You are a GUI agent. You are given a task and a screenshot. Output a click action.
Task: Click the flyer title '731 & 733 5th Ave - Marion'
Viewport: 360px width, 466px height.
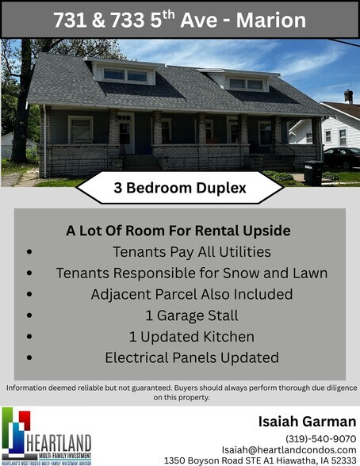pyautogui.click(x=179, y=20)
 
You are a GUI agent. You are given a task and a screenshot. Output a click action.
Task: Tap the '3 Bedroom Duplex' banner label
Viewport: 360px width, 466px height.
pyautogui.click(x=180, y=189)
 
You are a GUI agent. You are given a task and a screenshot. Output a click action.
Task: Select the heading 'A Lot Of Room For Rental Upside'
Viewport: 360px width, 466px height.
pyautogui.click(x=178, y=231)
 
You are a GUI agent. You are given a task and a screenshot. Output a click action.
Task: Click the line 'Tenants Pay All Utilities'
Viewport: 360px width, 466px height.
pyautogui.click(x=192, y=252)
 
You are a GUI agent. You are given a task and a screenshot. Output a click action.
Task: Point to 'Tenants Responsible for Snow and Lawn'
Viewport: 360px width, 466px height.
pyautogui.click(x=192, y=273)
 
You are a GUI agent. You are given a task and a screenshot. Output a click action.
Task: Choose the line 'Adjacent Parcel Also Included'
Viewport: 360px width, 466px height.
pyautogui.click(x=192, y=294)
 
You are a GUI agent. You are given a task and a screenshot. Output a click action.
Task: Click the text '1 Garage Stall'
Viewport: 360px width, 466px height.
pyautogui.click(x=192, y=315)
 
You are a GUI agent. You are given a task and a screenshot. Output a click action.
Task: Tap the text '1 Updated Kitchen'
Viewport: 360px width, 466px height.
pyautogui.click(x=192, y=337)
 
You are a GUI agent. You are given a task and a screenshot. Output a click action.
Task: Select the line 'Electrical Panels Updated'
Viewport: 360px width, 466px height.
pyautogui.click(x=192, y=357)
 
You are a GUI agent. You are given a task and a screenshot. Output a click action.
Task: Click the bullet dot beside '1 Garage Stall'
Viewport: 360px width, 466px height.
pyautogui.click(x=30, y=315)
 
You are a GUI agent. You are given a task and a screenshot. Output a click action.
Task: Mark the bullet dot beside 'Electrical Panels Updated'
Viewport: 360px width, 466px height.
pyautogui.click(x=30, y=357)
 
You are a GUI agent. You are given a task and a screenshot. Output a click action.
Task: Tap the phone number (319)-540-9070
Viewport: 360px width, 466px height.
pyautogui.click(x=320, y=438)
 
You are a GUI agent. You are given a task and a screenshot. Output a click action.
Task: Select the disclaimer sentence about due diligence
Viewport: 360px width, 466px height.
pyautogui.click(x=180, y=392)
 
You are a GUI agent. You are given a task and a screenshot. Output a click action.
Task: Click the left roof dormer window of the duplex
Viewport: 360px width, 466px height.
pyautogui.click(x=125, y=75)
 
